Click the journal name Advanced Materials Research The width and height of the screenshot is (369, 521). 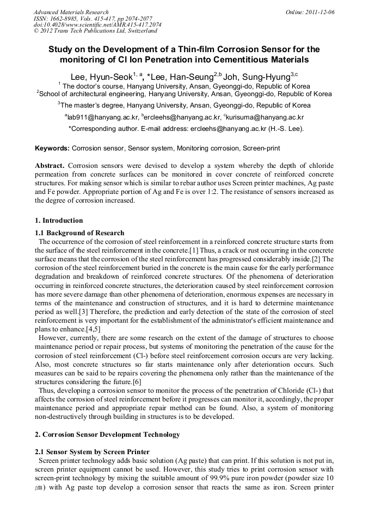pos(71,12)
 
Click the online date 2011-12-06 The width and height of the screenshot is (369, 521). pos(317,12)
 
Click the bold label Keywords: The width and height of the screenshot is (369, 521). pos(52,148)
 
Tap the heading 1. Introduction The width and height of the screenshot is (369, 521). pos(59,221)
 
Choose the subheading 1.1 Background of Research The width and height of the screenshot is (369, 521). pos(79,233)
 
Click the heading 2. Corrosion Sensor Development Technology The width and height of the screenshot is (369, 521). pos(107,435)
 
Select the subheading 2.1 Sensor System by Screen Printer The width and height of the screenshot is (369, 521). pos(92,452)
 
